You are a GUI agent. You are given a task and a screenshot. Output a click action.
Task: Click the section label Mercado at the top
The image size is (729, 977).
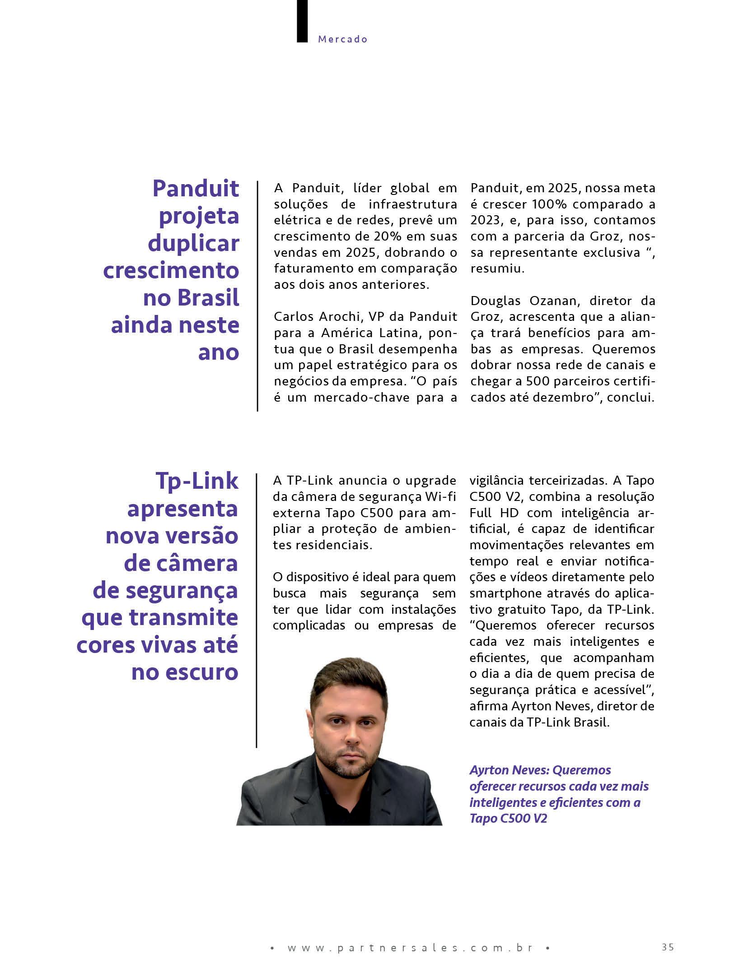pyautogui.click(x=343, y=39)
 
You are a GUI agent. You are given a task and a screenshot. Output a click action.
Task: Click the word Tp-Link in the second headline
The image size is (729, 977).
pyautogui.click(x=197, y=481)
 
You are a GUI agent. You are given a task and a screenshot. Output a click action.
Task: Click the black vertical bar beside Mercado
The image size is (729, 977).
pyautogui.click(x=302, y=21)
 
